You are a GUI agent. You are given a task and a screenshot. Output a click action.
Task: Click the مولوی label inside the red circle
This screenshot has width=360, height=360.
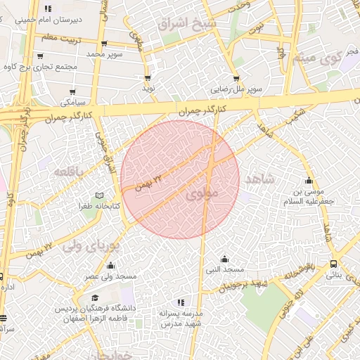coord(205,191)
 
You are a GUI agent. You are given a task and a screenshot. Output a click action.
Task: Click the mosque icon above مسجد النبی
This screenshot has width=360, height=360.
coord(224,259)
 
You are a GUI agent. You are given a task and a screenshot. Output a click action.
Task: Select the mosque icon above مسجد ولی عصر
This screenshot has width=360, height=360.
coord(110,265)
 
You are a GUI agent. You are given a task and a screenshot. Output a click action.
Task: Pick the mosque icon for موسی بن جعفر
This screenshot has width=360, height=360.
coord(308,179)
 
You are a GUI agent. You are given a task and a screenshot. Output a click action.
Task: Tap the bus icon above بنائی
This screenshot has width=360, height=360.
coord(333,264)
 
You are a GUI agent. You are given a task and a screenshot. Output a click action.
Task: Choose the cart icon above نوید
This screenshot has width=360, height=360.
coord(148,78)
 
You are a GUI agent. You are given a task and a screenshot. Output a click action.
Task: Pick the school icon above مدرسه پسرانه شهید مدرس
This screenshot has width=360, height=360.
coord(182,302)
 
